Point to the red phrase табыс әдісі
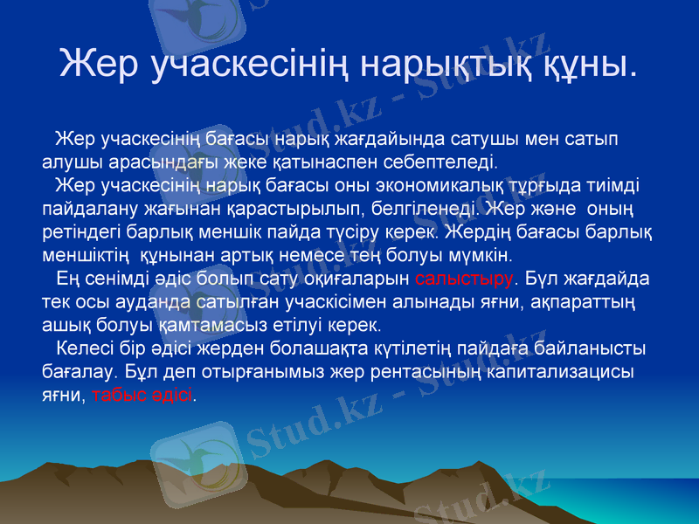click(x=142, y=394)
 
